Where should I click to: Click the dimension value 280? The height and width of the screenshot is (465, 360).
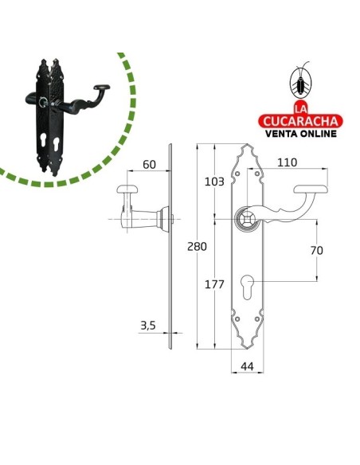(196, 247)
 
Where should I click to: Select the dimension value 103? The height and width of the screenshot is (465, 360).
(214, 182)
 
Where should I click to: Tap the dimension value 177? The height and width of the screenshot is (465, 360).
(215, 285)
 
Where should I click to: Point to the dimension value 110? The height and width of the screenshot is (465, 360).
(288, 162)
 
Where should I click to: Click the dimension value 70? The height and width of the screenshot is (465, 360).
(316, 250)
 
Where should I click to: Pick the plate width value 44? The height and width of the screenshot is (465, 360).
(247, 367)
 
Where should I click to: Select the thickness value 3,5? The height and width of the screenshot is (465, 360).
(147, 325)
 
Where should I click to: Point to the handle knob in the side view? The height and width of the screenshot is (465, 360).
(127, 190)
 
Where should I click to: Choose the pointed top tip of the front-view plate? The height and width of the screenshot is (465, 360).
(247, 146)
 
